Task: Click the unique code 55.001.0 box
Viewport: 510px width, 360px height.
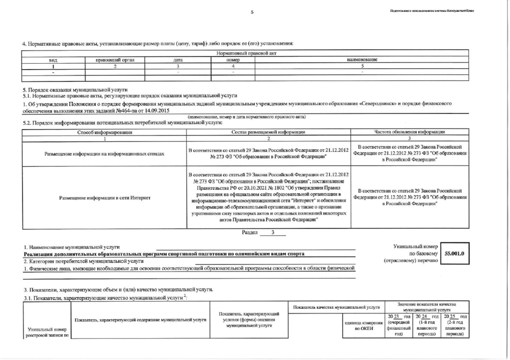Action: pos(454,253)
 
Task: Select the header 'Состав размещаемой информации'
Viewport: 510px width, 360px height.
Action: pos(268,132)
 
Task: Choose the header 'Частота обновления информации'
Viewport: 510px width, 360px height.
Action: pos(409,132)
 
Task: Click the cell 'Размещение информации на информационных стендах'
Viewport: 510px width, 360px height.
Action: pos(105,154)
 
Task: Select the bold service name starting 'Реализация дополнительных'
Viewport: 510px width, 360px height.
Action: pos(164,254)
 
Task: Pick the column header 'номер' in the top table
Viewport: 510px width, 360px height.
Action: pos(233,60)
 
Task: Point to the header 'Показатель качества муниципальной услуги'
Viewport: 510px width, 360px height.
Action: pos(337,307)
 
